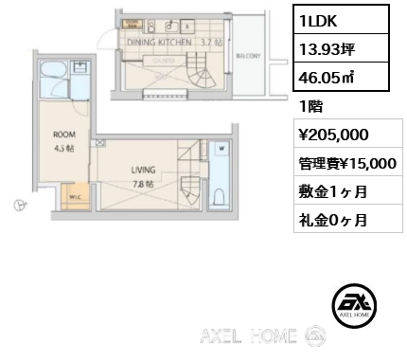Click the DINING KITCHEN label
(157, 43)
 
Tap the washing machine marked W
(221, 149)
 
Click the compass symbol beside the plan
(18, 204)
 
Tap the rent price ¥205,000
(331, 135)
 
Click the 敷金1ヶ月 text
(327, 192)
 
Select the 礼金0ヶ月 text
(327, 220)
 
